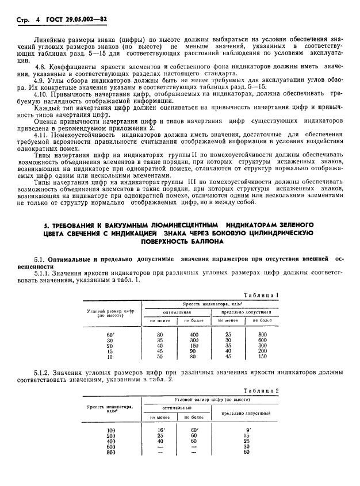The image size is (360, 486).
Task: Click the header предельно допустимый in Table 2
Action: [x=247, y=412]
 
